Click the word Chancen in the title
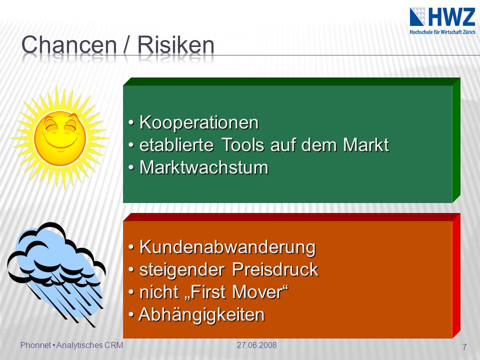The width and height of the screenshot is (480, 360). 69,44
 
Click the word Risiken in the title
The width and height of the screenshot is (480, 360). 175,44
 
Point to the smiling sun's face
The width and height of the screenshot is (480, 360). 60,138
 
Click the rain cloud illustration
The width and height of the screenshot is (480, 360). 56,274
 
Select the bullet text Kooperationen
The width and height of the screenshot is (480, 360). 199,122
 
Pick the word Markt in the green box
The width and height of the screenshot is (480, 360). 366,145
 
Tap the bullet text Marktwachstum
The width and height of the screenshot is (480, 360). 204,167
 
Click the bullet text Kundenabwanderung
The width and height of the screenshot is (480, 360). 227,247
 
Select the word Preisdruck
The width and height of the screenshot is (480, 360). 275,269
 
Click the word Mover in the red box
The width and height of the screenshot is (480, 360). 260,292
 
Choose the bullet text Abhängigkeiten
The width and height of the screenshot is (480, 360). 201,314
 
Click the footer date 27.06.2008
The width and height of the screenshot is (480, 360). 256,345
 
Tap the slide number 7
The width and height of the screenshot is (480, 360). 464,347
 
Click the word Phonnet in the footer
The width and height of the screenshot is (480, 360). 35,345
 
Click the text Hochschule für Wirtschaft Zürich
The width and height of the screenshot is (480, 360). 442,32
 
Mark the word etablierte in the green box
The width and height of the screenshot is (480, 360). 176,145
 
